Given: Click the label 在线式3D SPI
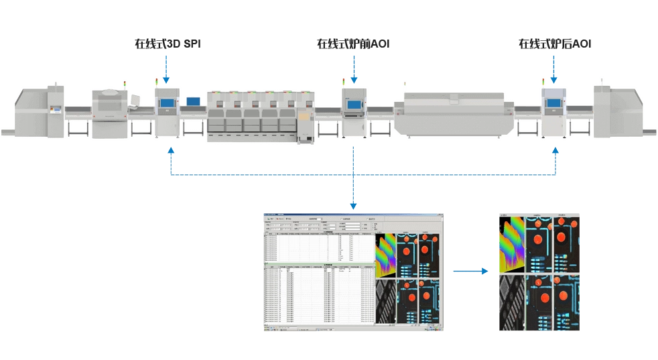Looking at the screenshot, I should (168, 44).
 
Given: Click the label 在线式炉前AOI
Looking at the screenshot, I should (353, 44).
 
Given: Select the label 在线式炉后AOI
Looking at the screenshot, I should (555, 44).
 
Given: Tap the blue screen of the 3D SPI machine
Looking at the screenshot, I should (166, 103).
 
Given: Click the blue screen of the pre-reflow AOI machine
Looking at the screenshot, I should (353, 103).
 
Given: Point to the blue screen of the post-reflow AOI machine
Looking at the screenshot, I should (554, 103).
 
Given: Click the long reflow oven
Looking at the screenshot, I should (449, 114).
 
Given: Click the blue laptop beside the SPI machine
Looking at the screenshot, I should (194, 102).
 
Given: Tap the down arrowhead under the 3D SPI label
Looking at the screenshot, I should (167, 80).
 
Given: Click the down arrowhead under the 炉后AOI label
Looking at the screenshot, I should (555, 80).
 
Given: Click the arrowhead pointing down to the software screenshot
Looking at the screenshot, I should (353, 206).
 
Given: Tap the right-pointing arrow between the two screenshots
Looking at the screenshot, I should (484, 272).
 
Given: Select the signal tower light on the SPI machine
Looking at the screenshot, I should (158, 82).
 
